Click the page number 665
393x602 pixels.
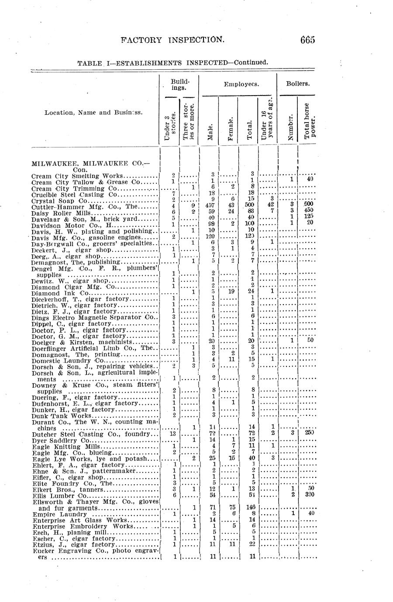tap(307, 40)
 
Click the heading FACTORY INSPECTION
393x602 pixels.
tap(173, 40)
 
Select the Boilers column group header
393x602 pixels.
tap(298, 83)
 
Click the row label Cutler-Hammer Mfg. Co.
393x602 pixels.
tap(85, 207)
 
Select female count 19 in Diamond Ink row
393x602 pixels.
tap(232, 291)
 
